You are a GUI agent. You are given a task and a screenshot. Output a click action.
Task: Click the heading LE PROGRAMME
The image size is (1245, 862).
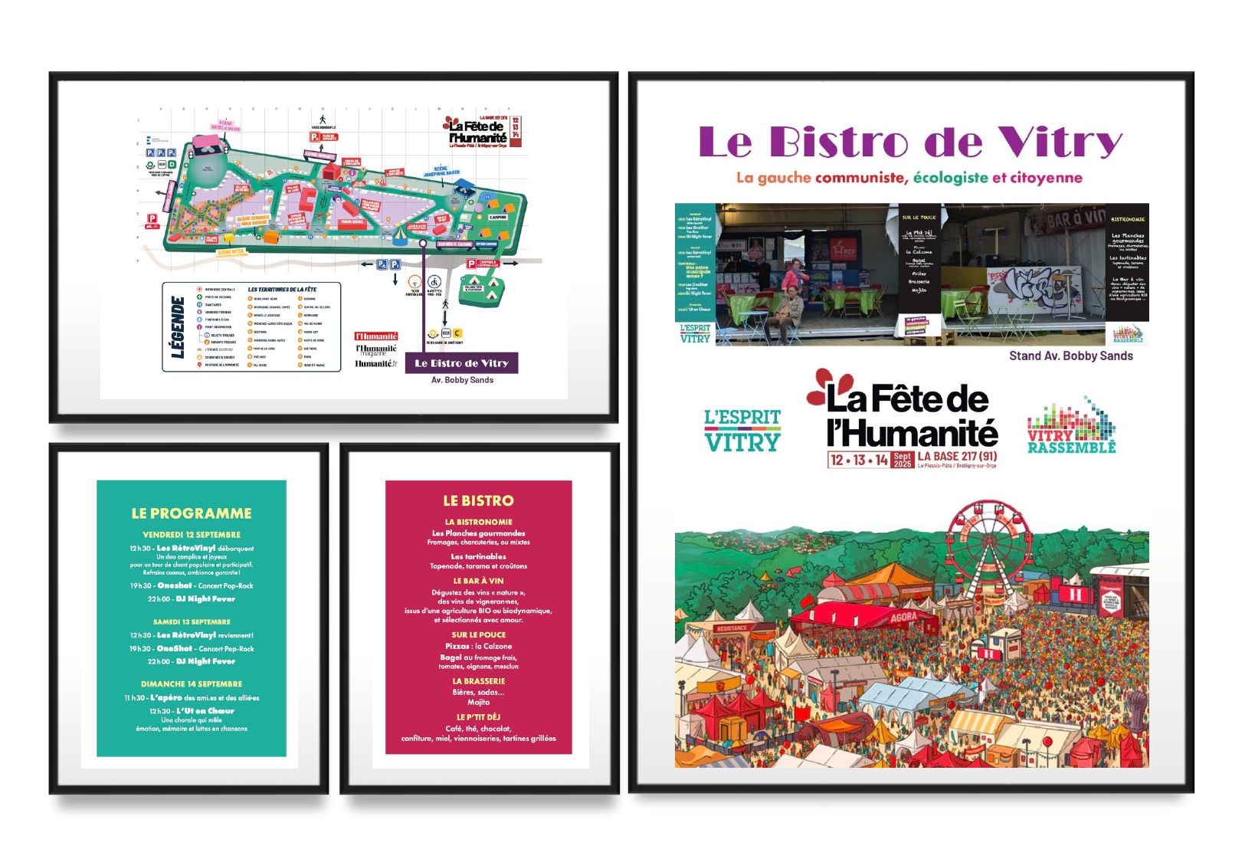pyautogui.click(x=192, y=513)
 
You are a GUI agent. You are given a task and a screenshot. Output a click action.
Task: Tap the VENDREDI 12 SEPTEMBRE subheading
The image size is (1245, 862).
pyautogui.click(x=192, y=535)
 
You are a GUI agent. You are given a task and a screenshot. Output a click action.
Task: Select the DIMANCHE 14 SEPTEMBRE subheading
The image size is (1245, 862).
pyautogui.click(x=192, y=684)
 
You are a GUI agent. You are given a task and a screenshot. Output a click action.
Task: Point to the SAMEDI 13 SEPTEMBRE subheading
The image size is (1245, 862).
pyautogui.click(x=192, y=622)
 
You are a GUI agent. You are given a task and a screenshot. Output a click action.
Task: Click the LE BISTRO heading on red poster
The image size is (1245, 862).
pyautogui.click(x=479, y=501)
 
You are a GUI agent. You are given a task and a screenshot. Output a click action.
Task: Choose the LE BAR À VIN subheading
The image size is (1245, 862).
pyautogui.click(x=479, y=581)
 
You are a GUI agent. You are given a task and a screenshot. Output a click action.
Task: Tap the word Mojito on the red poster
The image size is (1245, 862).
pyautogui.click(x=479, y=702)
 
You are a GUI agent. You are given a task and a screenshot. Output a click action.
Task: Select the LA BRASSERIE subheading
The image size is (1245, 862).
pyautogui.click(x=479, y=681)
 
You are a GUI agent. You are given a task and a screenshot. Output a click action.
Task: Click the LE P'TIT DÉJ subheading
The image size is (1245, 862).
pyautogui.click(x=479, y=717)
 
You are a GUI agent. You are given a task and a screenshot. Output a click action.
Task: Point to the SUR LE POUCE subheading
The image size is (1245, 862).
pyautogui.click(x=479, y=634)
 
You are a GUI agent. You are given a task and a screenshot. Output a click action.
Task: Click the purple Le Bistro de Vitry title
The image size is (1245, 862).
pyautogui.click(x=910, y=143)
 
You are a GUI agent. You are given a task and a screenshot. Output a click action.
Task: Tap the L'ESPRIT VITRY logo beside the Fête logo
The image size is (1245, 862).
pyautogui.click(x=742, y=430)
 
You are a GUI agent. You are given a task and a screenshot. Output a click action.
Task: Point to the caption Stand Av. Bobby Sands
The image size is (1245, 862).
pyautogui.click(x=1070, y=356)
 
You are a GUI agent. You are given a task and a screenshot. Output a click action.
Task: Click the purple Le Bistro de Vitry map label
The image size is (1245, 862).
pyautogui.click(x=461, y=363)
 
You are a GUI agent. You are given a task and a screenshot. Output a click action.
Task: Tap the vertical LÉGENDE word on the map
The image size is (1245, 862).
pyautogui.click(x=178, y=327)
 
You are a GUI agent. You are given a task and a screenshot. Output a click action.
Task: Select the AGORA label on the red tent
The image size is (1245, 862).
pyautogui.click(x=903, y=618)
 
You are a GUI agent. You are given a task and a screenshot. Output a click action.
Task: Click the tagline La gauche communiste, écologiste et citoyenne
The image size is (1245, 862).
pyautogui.click(x=909, y=178)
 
